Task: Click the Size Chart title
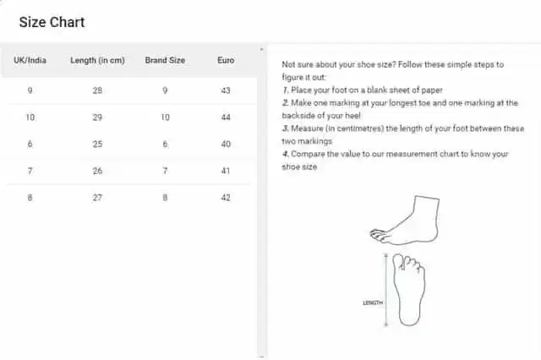52,22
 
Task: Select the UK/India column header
30,60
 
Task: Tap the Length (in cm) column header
97,60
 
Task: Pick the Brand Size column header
165,60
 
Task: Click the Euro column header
226,60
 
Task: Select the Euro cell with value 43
226,90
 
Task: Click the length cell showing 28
97,90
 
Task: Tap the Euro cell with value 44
226,117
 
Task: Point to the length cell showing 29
97,117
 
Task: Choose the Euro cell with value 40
226,144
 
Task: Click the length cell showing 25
97,144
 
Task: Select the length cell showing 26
97,171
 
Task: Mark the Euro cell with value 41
226,171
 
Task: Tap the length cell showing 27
97,198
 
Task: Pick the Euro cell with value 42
226,198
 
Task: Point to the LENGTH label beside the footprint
373,303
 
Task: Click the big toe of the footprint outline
398,261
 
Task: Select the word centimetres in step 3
360,128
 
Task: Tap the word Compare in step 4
308,154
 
